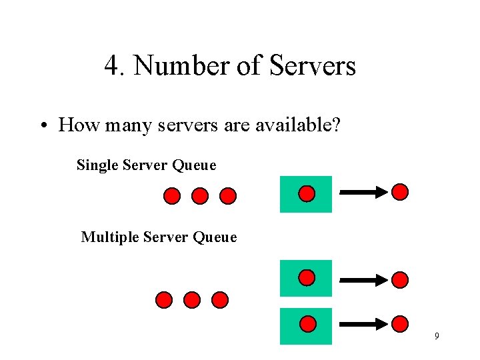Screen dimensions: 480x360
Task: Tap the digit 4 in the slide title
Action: (x=111, y=66)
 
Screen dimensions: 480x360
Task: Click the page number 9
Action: (x=437, y=336)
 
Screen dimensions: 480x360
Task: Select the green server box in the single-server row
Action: (x=306, y=194)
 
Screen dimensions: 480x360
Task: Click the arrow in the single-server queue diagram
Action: (x=363, y=193)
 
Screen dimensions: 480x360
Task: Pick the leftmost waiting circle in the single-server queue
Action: (x=171, y=196)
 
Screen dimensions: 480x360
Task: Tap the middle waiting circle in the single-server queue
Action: (x=200, y=196)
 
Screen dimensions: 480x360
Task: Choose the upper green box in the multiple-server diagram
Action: (x=306, y=278)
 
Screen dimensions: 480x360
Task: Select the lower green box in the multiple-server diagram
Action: (x=306, y=325)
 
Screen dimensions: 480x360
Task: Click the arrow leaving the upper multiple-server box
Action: (x=363, y=279)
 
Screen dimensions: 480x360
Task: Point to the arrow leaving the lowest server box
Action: (x=363, y=325)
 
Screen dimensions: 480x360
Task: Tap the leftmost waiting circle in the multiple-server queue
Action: (x=163, y=300)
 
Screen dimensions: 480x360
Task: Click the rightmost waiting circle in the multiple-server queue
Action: (x=220, y=300)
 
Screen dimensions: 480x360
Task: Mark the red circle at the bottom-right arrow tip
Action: (x=399, y=324)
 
